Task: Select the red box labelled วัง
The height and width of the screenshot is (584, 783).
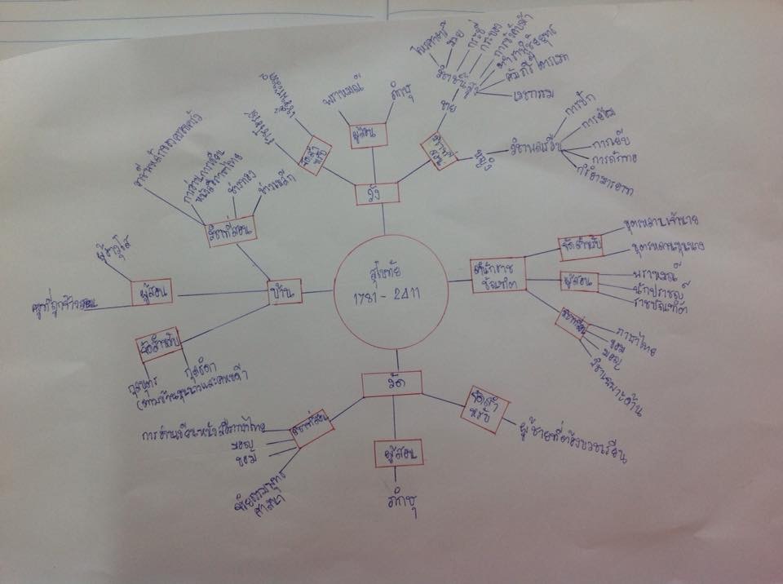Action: tap(377, 194)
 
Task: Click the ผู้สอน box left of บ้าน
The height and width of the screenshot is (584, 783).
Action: tap(151, 291)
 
